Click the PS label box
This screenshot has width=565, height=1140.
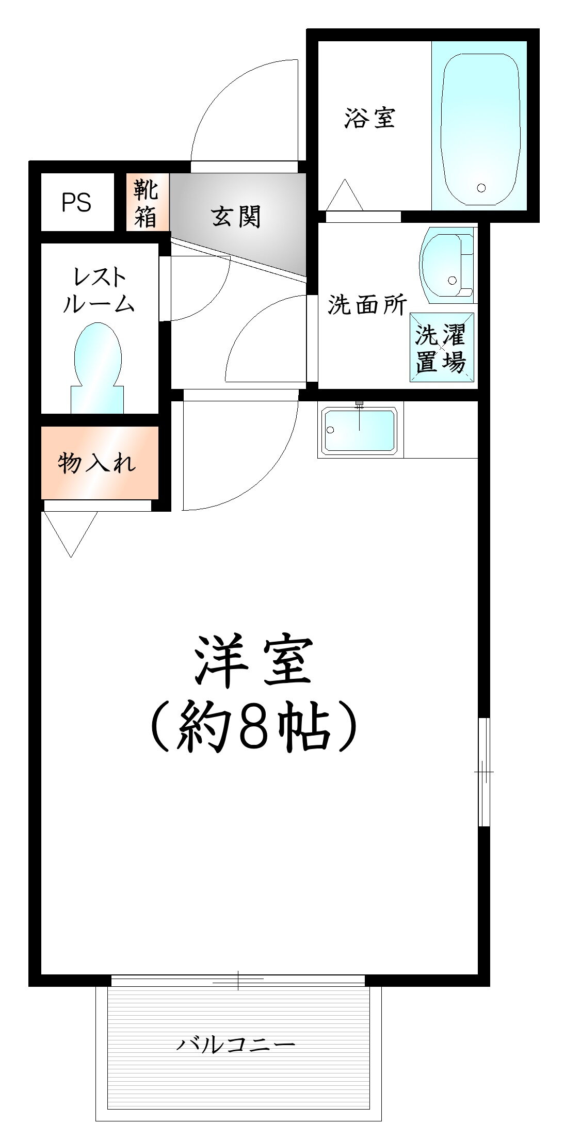[x=77, y=202]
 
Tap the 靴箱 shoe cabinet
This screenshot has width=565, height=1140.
[x=148, y=202]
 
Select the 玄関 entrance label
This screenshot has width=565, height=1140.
[x=236, y=216]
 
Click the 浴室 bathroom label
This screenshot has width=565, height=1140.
[x=370, y=118]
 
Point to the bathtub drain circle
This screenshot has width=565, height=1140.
[x=481, y=188]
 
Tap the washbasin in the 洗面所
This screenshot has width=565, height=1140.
[x=447, y=265]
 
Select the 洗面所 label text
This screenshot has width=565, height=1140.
[x=367, y=305]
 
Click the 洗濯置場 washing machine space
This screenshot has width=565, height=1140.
[x=442, y=347]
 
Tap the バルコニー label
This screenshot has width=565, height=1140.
[x=236, y=1045]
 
